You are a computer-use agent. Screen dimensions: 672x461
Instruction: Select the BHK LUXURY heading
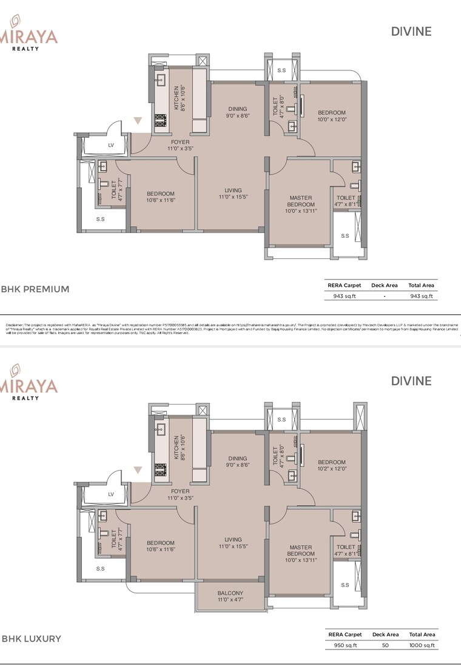(x=32, y=639)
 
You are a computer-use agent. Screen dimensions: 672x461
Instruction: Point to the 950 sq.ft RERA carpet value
(x=345, y=645)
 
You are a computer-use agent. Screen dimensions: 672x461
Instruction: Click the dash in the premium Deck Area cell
(x=385, y=296)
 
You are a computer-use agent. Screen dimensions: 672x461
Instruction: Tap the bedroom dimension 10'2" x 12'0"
(x=331, y=468)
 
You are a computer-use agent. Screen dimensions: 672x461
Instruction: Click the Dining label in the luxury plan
(x=238, y=459)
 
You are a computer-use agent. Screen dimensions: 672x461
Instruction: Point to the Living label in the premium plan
(x=233, y=190)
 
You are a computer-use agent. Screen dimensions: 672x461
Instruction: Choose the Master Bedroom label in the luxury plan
(x=301, y=550)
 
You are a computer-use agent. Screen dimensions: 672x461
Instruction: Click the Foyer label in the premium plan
(x=180, y=142)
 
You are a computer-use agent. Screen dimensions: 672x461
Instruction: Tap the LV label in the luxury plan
(x=111, y=494)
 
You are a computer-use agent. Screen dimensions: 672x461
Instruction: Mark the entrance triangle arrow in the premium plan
(x=139, y=120)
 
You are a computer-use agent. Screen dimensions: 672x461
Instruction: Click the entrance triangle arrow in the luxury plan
(x=139, y=469)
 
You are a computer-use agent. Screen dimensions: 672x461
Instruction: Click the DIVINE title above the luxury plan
(x=411, y=381)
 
